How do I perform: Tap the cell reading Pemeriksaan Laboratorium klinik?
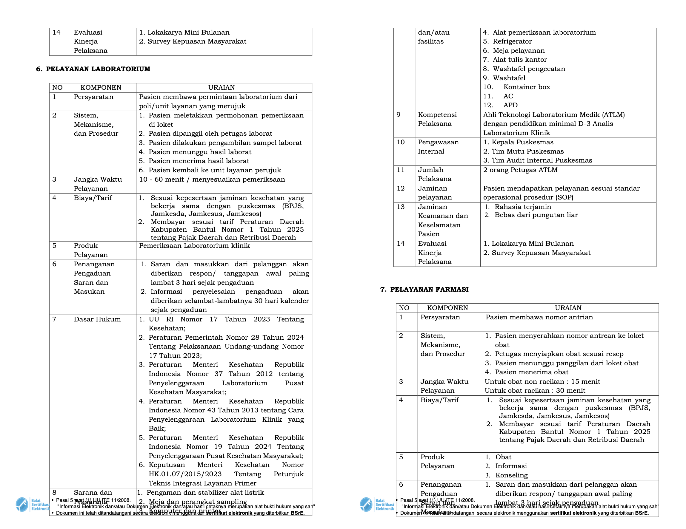click(x=194, y=246)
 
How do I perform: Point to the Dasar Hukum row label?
click(x=97, y=319)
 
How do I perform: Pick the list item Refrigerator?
click(x=512, y=41)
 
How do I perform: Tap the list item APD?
click(x=510, y=105)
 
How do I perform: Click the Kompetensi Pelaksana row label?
click(x=437, y=119)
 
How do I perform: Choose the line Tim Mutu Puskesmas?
click(x=527, y=151)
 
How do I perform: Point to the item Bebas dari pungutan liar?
click(x=536, y=215)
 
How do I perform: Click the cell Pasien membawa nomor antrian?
click(x=539, y=317)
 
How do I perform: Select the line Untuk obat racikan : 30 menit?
click(x=535, y=391)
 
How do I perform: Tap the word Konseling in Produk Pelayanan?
click(x=511, y=475)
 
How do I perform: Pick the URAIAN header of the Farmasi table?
click(x=568, y=308)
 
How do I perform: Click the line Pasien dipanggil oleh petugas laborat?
click(x=210, y=133)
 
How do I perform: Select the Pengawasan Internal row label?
click(x=438, y=147)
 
